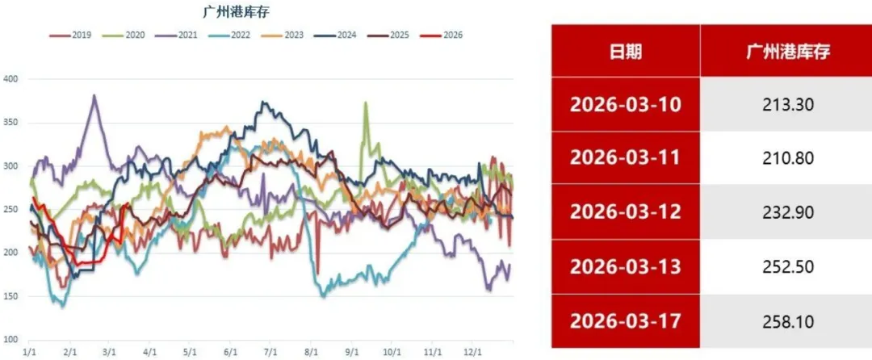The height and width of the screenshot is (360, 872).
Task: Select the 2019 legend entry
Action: (x=75, y=35)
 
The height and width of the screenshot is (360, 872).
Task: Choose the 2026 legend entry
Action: (x=445, y=35)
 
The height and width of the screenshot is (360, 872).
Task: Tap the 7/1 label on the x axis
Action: (x=270, y=352)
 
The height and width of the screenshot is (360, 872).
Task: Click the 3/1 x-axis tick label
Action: (x=109, y=352)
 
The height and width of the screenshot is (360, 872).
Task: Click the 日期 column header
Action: (x=626, y=52)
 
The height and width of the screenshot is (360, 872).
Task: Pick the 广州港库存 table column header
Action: (x=786, y=52)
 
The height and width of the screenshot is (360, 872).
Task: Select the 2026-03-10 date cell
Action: (x=626, y=105)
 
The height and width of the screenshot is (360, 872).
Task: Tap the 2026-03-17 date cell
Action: (x=626, y=320)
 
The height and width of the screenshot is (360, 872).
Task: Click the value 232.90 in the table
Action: (x=786, y=212)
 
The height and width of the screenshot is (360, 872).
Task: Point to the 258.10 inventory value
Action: (x=786, y=320)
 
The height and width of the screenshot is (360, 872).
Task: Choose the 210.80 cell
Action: (x=786, y=158)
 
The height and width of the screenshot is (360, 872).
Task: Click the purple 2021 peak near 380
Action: (x=94, y=96)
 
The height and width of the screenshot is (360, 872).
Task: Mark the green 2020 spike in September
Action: (x=366, y=103)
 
